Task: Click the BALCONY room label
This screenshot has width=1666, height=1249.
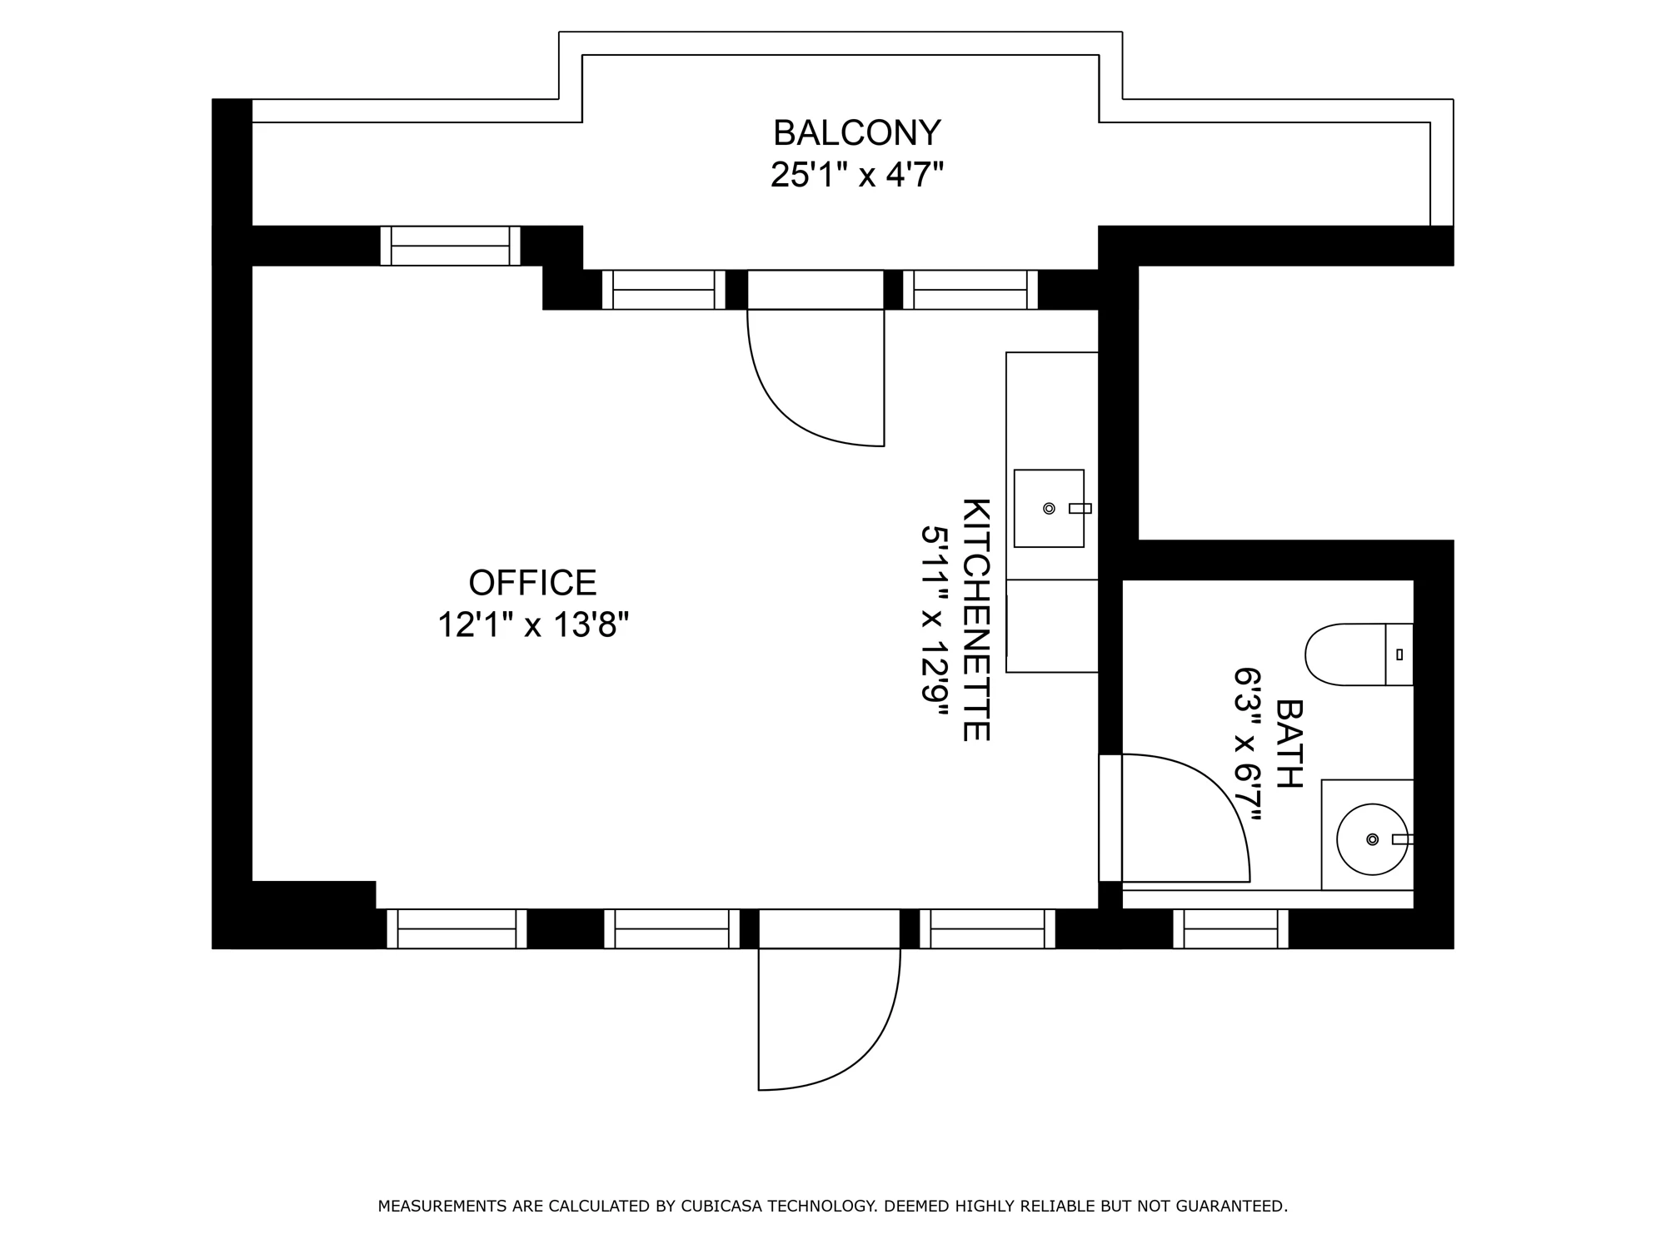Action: click(x=857, y=133)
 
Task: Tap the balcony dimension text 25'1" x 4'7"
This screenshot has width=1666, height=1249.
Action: click(x=857, y=175)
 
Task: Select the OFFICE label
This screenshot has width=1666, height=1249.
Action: click(x=533, y=583)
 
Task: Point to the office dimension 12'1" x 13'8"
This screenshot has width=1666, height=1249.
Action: click(x=533, y=624)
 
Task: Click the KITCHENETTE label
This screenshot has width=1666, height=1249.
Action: click(x=976, y=620)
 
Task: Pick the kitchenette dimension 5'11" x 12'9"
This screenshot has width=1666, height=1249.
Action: click(x=935, y=620)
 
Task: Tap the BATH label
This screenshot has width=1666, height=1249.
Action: click(x=1289, y=744)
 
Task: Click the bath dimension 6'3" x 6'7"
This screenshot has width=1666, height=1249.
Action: click(x=1248, y=744)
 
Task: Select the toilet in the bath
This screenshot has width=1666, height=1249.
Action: click(x=1359, y=654)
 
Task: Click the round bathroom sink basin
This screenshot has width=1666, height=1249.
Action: click(x=1372, y=839)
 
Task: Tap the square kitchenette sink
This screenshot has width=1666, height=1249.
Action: click(x=1049, y=508)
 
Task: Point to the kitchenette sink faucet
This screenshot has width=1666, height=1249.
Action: click(x=1080, y=508)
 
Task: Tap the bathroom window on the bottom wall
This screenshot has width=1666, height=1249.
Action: click(x=1231, y=928)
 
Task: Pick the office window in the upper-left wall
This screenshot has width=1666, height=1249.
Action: click(x=451, y=246)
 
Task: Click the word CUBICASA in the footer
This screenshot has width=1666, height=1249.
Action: click(x=720, y=1206)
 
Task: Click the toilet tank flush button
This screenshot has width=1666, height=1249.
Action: click(x=1399, y=654)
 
